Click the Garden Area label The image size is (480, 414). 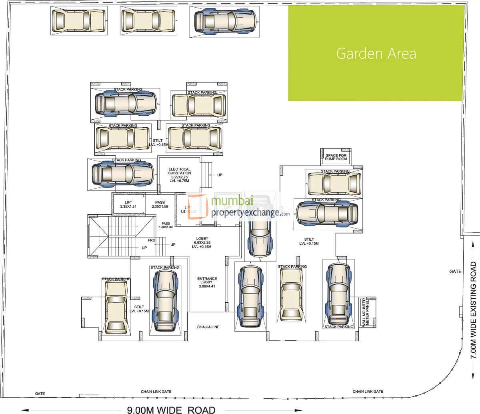(x=376, y=53)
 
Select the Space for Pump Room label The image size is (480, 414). (x=336, y=157)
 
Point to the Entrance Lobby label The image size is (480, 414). (x=207, y=282)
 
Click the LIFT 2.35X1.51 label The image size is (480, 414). (x=128, y=205)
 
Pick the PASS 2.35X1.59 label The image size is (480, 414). (x=160, y=205)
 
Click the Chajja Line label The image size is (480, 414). (x=208, y=327)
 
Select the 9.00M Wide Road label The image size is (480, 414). (x=171, y=410)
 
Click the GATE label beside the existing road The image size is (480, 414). (x=455, y=271)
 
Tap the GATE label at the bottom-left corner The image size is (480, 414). (x=40, y=394)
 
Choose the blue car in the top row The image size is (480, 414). (x=225, y=24)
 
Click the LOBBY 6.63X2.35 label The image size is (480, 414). (x=202, y=243)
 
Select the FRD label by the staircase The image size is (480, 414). (x=152, y=240)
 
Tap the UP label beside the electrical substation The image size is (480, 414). (x=220, y=175)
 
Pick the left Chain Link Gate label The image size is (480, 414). (x=156, y=392)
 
